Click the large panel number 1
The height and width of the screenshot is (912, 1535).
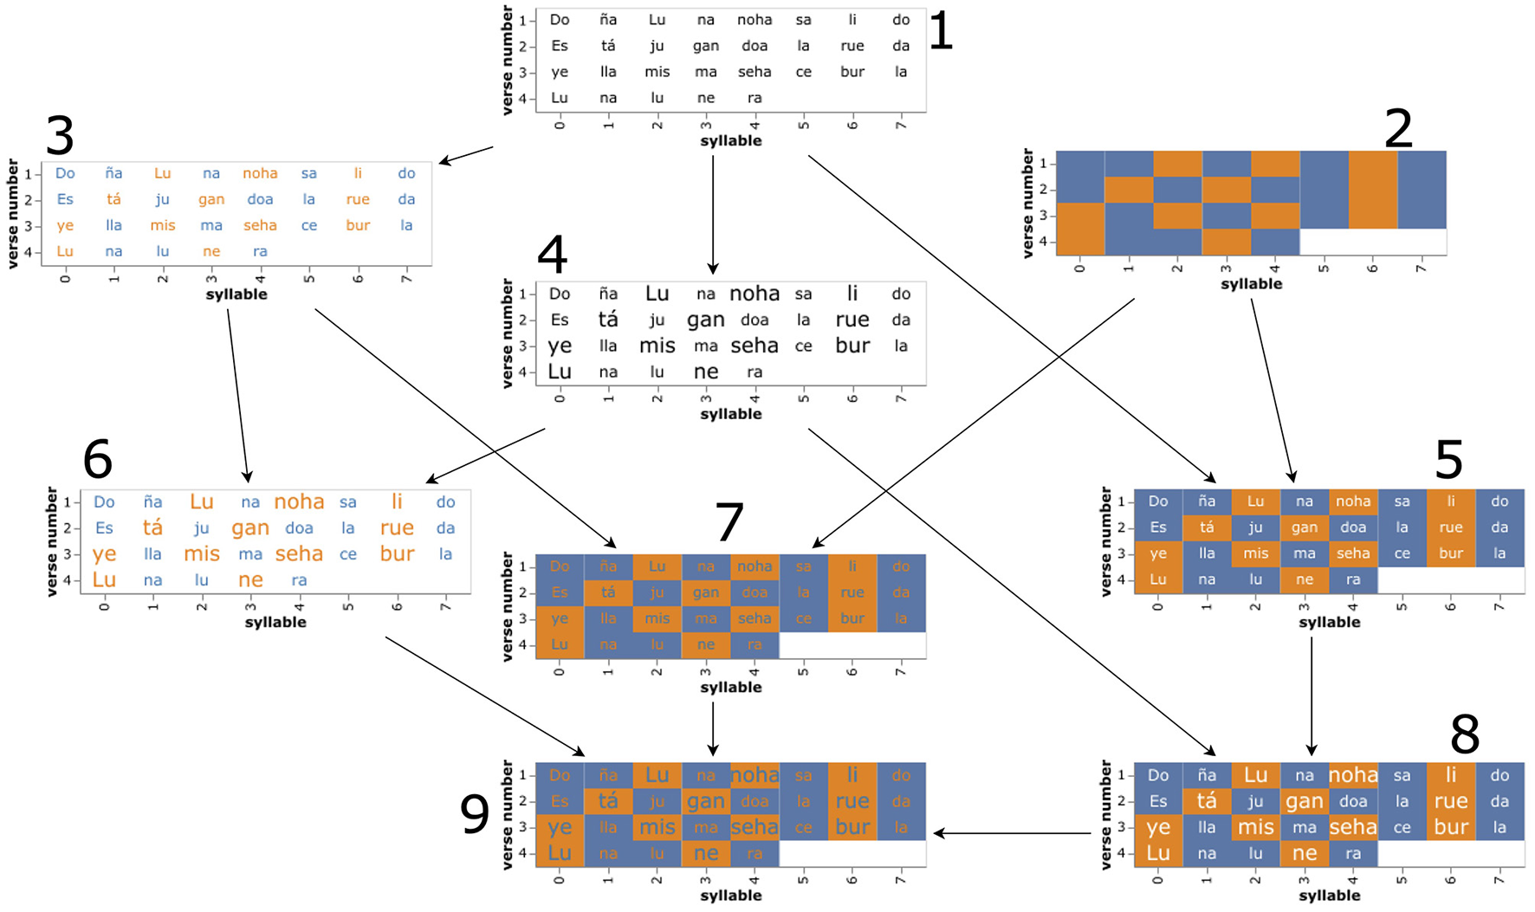pos(940,33)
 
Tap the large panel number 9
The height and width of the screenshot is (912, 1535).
pos(475,814)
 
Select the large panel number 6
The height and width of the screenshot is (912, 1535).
pos(97,458)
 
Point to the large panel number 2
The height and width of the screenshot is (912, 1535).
pos(1398,129)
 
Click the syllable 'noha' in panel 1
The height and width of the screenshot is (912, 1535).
pos(755,20)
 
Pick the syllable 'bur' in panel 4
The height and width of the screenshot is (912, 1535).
pos(852,346)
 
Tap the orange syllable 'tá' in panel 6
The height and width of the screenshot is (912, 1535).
pos(152,527)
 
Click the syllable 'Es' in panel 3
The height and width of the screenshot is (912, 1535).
pos(65,199)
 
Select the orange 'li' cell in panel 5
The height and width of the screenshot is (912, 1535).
pos(1451,501)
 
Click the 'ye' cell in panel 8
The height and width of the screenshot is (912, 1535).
pos(1158,827)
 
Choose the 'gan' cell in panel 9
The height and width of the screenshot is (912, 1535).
pos(706,801)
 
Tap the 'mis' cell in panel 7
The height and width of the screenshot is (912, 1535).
pos(657,618)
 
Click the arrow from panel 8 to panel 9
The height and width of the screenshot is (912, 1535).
pos(1012,833)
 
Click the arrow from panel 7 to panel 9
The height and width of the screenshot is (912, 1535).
pos(713,728)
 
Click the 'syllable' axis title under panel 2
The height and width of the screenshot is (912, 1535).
pos(1251,284)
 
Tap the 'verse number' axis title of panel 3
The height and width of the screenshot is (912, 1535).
pos(13,213)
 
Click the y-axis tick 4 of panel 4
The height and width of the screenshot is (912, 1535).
pos(522,372)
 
